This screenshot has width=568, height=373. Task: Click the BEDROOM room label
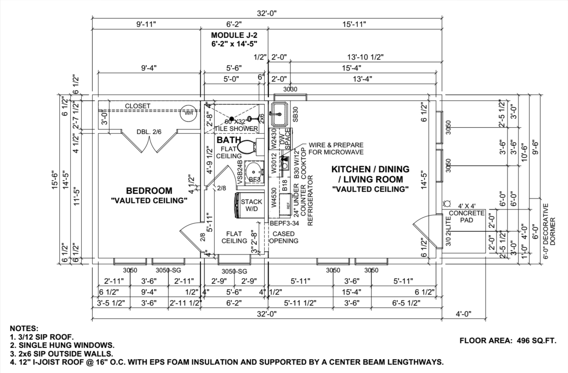coord(149,191)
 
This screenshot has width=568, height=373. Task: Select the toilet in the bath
coord(246,147)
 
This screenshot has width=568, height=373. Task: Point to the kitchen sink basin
coord(280,114)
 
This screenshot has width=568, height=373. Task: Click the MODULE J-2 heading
coord(234,35)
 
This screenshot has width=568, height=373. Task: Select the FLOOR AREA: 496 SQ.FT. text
coord(508,341)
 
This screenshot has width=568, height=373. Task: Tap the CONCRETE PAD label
coord(466,217)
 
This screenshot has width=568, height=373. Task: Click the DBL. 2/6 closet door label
coord(149,132)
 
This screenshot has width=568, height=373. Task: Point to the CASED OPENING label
coord(283,237)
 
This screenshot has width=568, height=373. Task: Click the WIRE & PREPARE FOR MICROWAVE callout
coord(336,149)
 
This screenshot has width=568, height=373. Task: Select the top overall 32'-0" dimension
coord(267,13)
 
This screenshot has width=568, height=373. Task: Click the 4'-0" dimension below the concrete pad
coord(463,314)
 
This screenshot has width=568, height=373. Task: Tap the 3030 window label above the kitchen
coord(290,89)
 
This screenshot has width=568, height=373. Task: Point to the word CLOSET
coord(138,106)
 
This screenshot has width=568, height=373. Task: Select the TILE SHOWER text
coord(236,129)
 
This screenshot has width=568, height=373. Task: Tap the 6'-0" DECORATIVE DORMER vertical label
coord(549,232)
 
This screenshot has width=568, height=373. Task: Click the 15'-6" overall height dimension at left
coord(55,180)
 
